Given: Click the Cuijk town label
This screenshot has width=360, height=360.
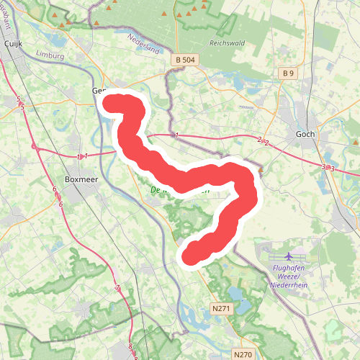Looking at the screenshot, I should point(14,43).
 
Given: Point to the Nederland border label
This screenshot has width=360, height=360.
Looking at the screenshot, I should point(144,44).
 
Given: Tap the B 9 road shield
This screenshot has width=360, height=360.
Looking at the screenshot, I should point(289,73).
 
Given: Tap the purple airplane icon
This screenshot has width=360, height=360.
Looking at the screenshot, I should point(289,256).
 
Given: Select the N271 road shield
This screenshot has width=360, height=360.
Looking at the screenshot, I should point(222,309).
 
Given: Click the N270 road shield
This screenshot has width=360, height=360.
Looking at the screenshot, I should point(243,354).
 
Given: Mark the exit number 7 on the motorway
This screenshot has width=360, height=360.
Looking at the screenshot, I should point(117,289).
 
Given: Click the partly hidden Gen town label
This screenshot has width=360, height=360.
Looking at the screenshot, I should point(99,91).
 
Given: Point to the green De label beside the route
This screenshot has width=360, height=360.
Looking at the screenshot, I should point(155,190).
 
